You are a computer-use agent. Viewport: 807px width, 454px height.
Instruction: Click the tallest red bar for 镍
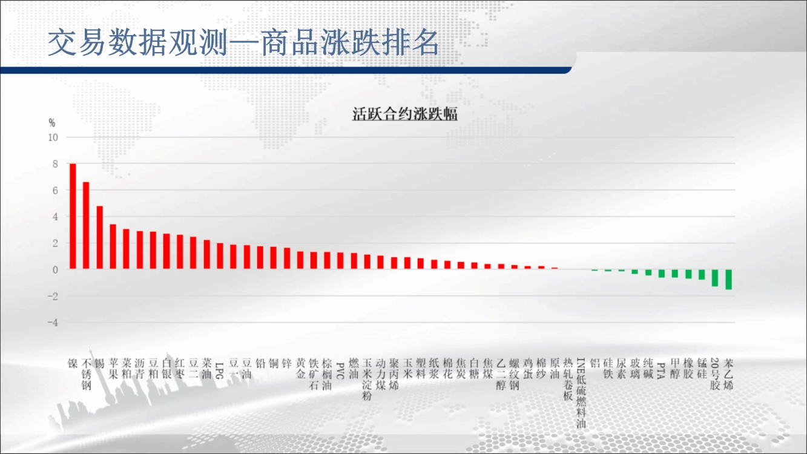pyautogui.click(x=73, y=216)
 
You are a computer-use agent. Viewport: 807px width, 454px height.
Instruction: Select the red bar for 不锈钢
pyautogui.click(x=86, y=225)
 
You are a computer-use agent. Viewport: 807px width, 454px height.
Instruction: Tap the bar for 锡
pyautogui.click(x=100, y=237)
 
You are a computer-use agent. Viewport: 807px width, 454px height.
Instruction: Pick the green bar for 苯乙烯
pyautogui.click(x=728, y=279)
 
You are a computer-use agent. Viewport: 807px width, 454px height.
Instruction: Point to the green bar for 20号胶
pyautogui.click(x=715, y=278)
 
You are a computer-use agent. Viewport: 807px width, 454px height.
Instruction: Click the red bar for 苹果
pyautogui.click(x=113, y=246)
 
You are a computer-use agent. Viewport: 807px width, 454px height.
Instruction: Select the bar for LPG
pyautogui.click(x=220, y=256)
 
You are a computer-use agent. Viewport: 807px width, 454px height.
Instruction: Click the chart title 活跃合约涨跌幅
pyautogui.click(x=405, y=114)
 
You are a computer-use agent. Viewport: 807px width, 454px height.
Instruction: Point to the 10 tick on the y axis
pyautogui.click(x=53, y=137)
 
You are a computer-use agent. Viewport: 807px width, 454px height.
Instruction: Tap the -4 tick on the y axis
pyautogui.click(x=53, y=323)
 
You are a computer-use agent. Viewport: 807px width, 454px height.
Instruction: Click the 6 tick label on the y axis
pyautogui.click(x=55, y=191)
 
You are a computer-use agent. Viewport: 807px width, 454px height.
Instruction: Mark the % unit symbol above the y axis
pyautogui.click(x=52, y=123)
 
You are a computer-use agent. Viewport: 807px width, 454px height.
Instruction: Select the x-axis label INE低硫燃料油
pyautogui.click(x=581, y=393)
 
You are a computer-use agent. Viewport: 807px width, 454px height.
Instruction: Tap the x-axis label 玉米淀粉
pyautogui.click(x=367, y=379)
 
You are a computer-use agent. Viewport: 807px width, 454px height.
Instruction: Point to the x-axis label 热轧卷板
pyautogui.click(x=568, y=379)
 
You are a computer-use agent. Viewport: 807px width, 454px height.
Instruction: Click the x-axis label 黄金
pyautogui.click(x=300, y=368)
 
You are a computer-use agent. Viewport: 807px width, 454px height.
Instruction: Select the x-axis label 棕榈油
pyautogui.click(x=327, y=374)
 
